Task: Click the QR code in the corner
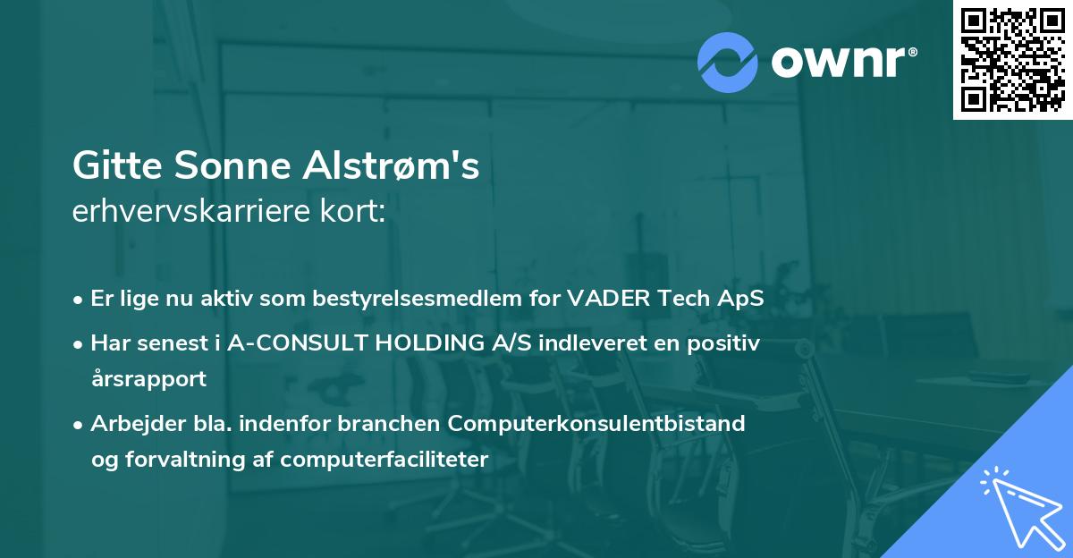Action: [1012, 60]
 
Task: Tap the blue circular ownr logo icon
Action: [728, 63]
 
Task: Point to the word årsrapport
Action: [148, 379]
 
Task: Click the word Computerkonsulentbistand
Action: [597, 424]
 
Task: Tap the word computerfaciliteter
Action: [384, 460]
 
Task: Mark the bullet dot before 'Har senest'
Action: [80, 344]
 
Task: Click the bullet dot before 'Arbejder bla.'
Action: [80, 425]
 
